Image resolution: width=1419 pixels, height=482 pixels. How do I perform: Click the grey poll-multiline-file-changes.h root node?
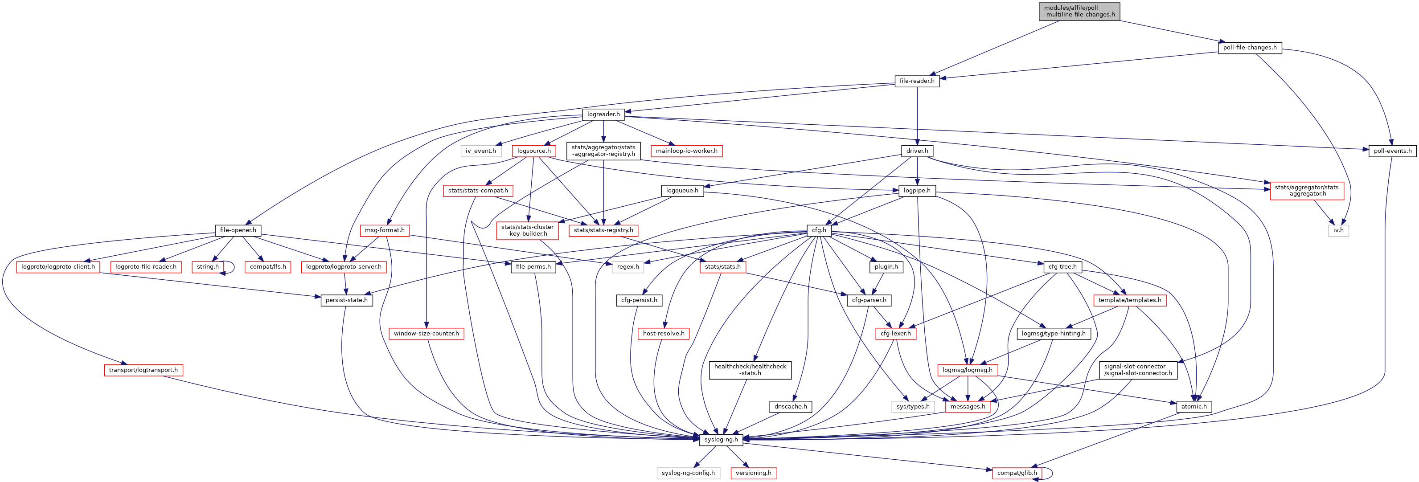coord(1079,11)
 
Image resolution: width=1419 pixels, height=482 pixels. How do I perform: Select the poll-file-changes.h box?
coord(1249,47)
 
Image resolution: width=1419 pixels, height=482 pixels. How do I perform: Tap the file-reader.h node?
coord(917,81)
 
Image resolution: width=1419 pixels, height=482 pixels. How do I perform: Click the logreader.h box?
coord(603,114)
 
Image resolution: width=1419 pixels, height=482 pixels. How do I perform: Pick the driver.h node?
coord(917,151)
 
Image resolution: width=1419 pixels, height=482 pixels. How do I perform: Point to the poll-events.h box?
coord(1392,151)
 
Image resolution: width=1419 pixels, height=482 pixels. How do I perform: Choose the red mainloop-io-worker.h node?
coord(686,151)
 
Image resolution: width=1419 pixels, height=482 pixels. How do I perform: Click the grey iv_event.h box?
coord(480,151)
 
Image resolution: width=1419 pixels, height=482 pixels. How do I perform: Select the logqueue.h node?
coord(682,191)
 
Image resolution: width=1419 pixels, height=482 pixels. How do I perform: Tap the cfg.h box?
coord(819,230)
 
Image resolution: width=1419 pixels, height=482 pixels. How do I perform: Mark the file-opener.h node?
coord(238,230)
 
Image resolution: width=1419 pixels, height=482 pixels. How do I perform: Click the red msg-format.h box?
coord(385,230)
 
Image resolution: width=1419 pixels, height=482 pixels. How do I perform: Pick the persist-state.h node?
coord(346,300)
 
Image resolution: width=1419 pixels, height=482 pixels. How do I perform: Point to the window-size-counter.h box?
coord(427,334)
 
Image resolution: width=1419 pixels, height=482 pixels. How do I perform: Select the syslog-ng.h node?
coord(721,440)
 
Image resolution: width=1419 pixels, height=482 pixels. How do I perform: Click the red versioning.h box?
coord(754,473)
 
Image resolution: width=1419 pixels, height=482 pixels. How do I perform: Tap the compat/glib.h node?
coord(1017,473)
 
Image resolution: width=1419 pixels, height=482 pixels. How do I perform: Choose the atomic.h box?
coord(1193,407)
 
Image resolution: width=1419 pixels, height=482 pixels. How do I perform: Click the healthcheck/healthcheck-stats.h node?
coord(750,370)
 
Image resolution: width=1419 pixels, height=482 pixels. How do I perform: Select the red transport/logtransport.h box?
coord(143,370)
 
